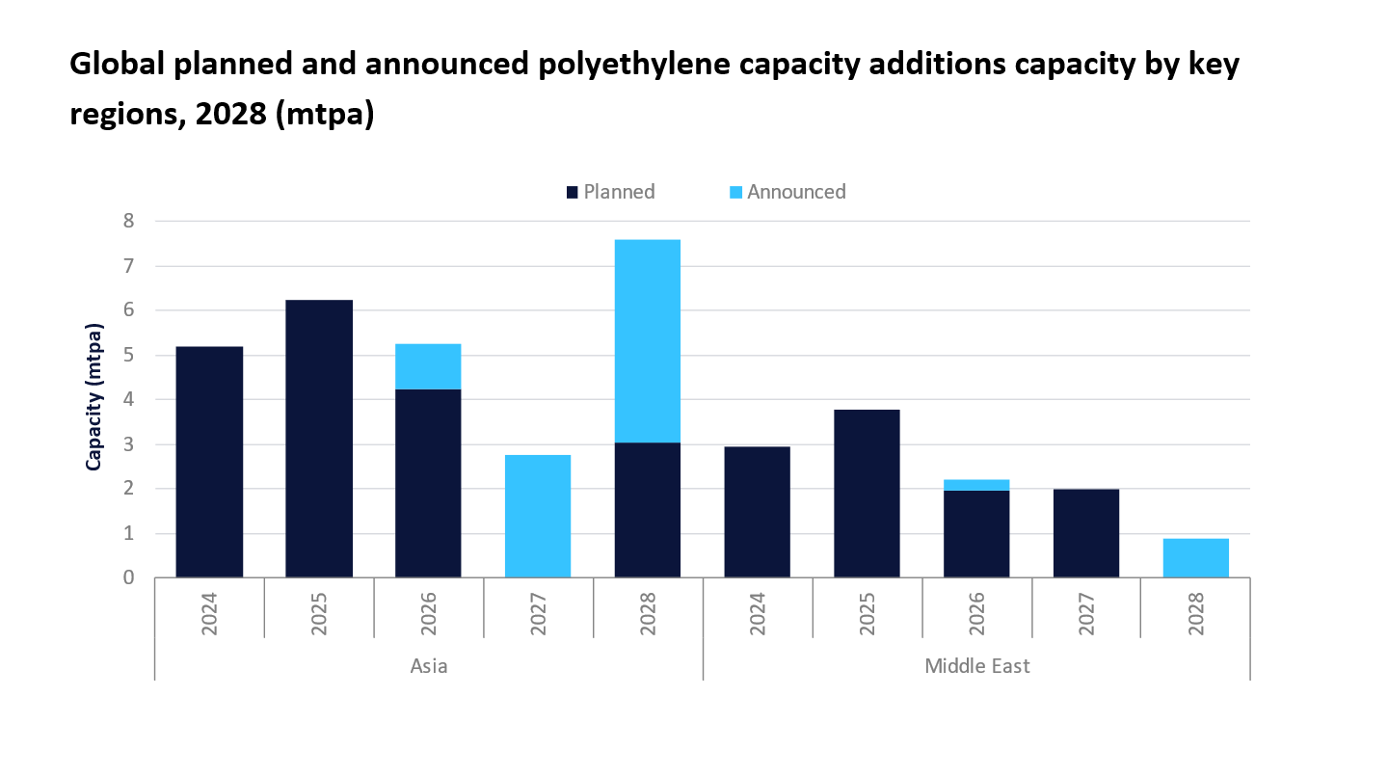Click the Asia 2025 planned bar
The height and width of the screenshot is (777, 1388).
pyautogui.click(x=319, y=439)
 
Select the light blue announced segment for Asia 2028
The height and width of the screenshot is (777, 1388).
pyautogui.click(x=647, y=340)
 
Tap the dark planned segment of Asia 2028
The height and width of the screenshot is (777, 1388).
pyautogui.click(x=647, y=510)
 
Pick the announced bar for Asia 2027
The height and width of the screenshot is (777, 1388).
pyautogui.click(x=538, y=516)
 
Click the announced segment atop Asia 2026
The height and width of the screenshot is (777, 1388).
pyautogui.click(x=428, y=366)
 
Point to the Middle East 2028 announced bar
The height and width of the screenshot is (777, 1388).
pyautogui.click(x=1195, y=558)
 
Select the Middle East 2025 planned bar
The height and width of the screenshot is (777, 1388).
pyautogui.click(x=867, y=494)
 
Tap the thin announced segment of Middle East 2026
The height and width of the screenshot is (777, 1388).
pyautogui.click(x=975, y=485)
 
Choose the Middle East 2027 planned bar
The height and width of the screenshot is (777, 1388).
pyautogui.click(x=1085, y=533)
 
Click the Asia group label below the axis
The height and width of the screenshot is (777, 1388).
pyautogui.click(x=429, y=666)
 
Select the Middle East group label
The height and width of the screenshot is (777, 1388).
pyautogui.click(x=976, y=666)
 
